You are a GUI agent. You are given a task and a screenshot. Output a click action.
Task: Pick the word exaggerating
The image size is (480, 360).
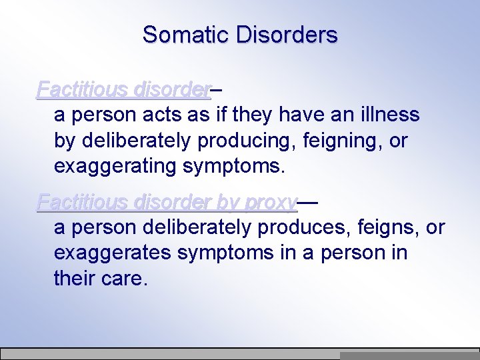pyautogui.click(x=115, y=166)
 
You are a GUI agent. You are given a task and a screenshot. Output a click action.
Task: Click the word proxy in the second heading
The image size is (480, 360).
pyautogui.click(x=270, y=201)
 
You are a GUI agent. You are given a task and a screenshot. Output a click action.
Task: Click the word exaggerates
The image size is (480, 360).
pyautogui.click(x=111, y=253)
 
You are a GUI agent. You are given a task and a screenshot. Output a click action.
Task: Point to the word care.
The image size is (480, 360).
pyautogui.click(x=123, y=279)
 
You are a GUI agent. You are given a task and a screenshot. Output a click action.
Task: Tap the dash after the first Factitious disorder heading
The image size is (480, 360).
pyautogui.click(x=217, y=89)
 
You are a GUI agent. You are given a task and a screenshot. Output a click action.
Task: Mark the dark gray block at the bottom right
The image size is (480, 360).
pyautogui.click(x=409, y=356)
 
